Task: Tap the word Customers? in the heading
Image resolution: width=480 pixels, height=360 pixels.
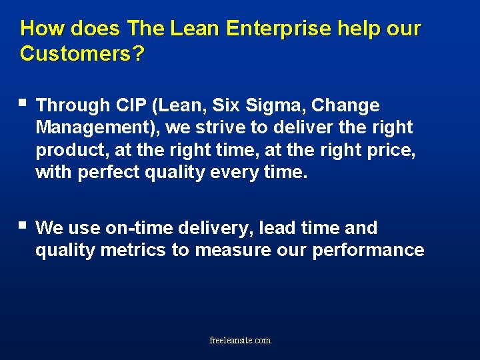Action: coord(81,53)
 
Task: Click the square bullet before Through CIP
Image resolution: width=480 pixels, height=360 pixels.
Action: coord(23,103)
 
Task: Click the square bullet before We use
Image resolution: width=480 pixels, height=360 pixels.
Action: coord(23,226)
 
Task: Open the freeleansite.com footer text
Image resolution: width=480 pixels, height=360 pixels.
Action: coord(240,340)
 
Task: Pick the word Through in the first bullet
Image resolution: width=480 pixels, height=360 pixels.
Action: coord(73,105)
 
